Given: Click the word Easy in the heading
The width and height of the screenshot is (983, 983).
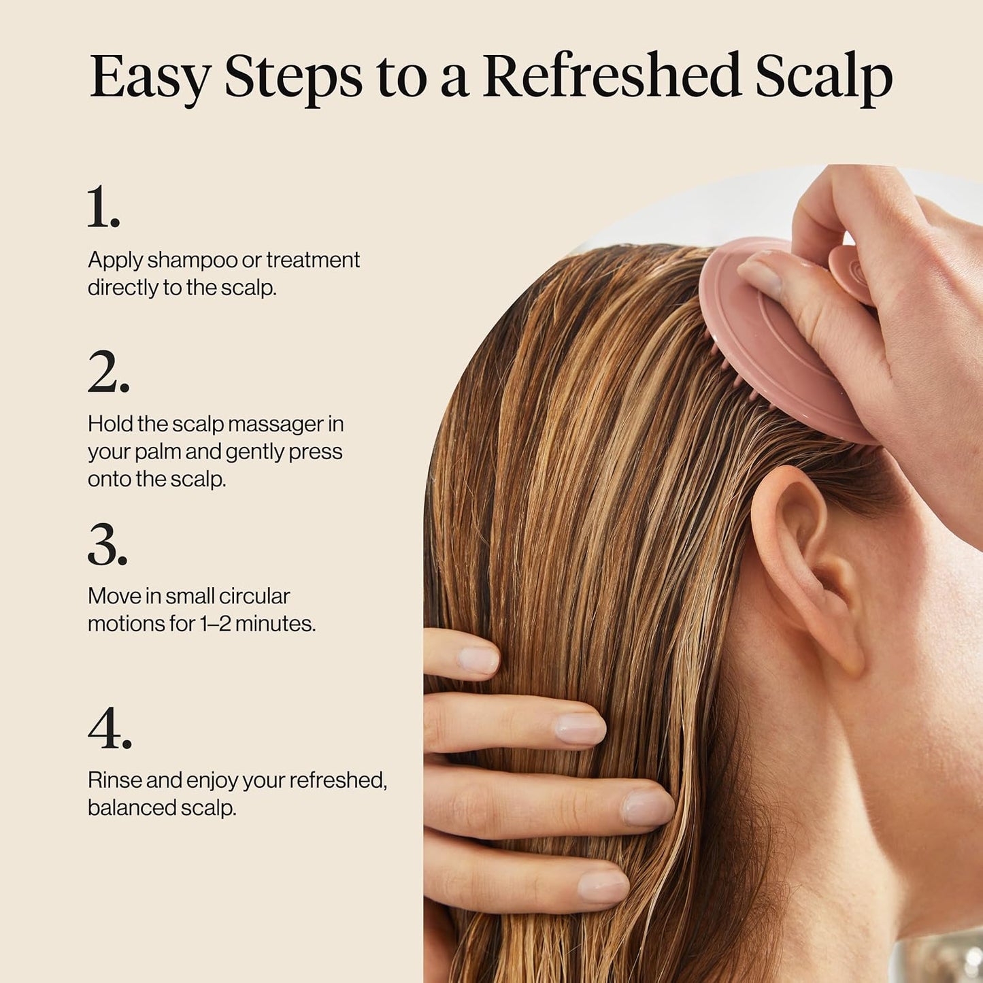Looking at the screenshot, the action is click(150, 78).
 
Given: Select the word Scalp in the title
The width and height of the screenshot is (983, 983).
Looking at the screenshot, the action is click(824, 78).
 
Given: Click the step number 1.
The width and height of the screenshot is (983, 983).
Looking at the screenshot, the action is click(103, 207).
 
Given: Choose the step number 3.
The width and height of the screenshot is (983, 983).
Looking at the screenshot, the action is click(107, 544).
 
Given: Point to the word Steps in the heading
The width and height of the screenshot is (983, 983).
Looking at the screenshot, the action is click(293, 78).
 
